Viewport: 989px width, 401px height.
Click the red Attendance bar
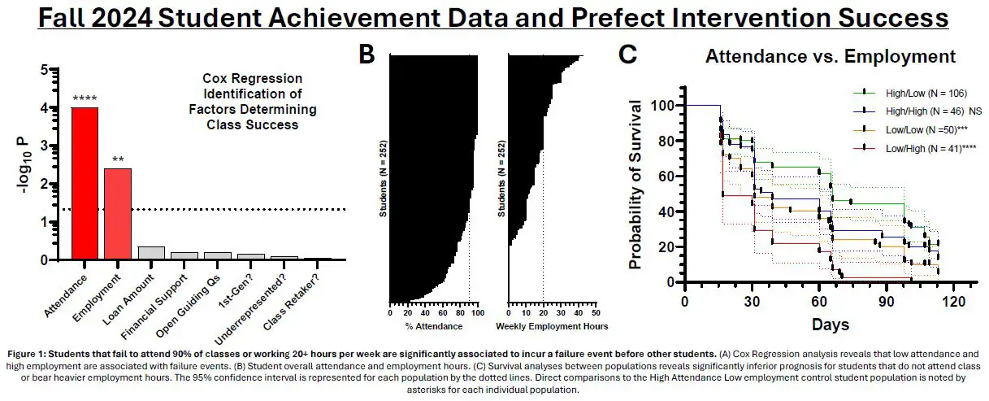point(85,183)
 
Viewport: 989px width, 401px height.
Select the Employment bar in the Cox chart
point(118,213)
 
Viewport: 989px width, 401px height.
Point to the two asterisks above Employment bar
point(118,160)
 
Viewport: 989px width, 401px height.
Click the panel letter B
point(367,54)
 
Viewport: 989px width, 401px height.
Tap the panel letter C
point(627,54)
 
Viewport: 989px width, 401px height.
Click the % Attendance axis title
point(435,327)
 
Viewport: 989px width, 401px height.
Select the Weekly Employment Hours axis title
point(552,327)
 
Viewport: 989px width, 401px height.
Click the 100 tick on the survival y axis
point(666,106)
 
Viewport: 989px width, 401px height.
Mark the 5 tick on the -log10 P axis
point(43,70)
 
